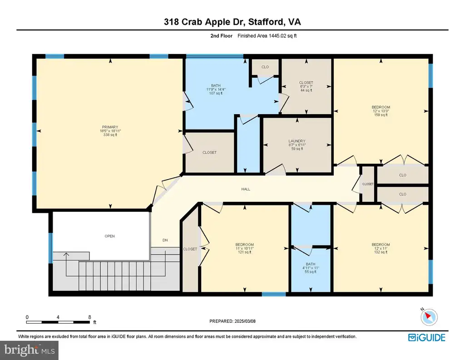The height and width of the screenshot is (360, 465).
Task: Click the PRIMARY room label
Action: pyautogui.click(x=110, y=127)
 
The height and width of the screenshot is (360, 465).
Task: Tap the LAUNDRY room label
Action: pyautogui.click(x=297, y=141)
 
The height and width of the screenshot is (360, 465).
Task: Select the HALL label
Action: pyautogui.click(x=246, y=189)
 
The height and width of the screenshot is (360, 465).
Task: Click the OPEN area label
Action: pyautogui.click(x=109, y=236)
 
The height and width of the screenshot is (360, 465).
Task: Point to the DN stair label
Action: pyautogui.click(x=165, y=240)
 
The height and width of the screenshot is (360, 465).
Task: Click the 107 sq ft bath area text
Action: pyautogui.click(x=216, y=93)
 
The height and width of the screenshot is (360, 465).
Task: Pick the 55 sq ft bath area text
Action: pyautogui.click(x=311, y=271)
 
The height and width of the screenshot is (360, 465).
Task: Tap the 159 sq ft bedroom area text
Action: pyautogui.click(x=381, y=115)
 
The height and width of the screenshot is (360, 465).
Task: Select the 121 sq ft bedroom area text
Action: pyautogui.click(x=245, y=252)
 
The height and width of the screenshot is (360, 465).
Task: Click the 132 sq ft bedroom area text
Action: pyautogui.click(x=381, y=252)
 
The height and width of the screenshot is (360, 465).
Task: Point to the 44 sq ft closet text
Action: pyautogui.click(x=306, y=90)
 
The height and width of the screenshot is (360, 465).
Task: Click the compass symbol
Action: pyautogui.click(x=429, y=317)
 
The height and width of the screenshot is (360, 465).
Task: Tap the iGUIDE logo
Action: pyautogui.click(x=427, y=337)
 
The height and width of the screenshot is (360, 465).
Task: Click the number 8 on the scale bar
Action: pyautogui.click(x=89, y=317)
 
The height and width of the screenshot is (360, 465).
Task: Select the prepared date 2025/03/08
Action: pyautogui.click(x=245, y=321)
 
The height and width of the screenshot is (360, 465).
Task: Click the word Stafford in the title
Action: pyautogui.click(x=265, y=22)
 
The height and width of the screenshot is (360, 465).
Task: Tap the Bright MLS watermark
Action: pyautogui.click(x=30, y=350)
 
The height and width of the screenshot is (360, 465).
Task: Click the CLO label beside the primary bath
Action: pyautogui.click(x=265, y=67)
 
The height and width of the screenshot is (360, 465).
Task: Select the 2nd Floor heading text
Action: pyautogui.click(x=221, y=36)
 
